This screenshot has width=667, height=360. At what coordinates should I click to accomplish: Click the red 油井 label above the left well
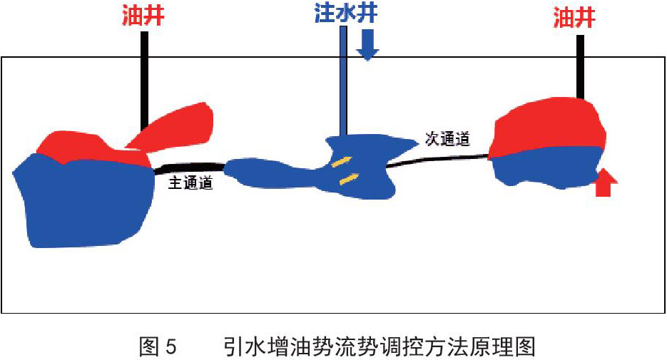click(x=143, y=17)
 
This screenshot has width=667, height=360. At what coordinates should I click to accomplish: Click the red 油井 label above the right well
click(x=574, y=18)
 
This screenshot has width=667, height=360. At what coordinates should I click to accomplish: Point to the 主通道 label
click(x=190, y=182)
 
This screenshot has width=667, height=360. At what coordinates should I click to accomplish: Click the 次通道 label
click(x=447, y=139)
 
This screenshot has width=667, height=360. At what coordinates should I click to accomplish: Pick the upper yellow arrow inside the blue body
click(x=342, y=162)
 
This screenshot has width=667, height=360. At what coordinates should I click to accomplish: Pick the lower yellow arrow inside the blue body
click(x=349, y=179)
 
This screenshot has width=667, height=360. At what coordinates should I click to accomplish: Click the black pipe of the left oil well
click(x=145, y=81)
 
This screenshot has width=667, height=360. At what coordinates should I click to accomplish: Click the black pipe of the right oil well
click(x=580, y=67)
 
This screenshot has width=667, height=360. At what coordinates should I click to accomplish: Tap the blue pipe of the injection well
click(x=344, y=81)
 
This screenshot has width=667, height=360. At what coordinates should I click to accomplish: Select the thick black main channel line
click(x=190, y=168)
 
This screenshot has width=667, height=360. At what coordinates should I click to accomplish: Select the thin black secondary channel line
click(x=438, y=160)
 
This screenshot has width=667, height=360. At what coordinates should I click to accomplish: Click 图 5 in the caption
click(x=158, y=346)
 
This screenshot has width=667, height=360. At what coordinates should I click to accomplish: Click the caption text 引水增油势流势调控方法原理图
click(x=380, y=346)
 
